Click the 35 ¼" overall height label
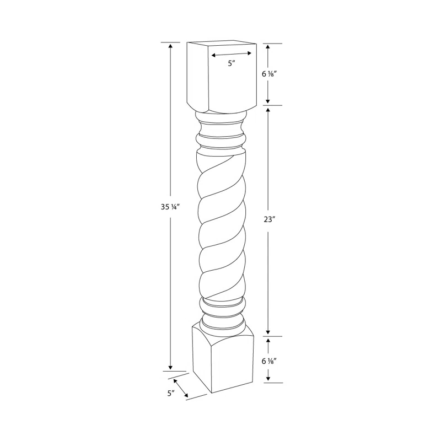170,208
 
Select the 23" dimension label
269,219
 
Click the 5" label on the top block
232,64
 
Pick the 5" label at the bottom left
171,394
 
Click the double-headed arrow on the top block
232,54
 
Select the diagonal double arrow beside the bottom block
180,388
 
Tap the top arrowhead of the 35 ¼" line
170,46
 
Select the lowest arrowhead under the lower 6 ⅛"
268,378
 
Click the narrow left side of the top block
197,74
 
